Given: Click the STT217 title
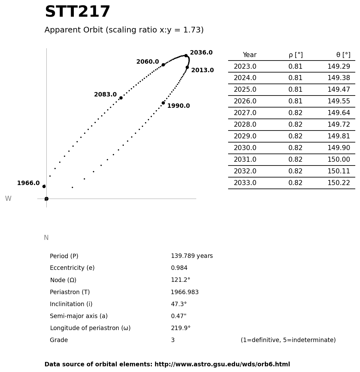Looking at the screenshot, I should [x=77, y=12].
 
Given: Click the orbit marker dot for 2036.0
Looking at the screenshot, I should [x=186, y=56].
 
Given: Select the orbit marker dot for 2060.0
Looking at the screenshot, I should [x=163, y=65].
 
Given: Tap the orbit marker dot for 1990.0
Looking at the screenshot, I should [x=163, y=103].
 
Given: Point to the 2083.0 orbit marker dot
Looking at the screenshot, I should [x=121, y=98].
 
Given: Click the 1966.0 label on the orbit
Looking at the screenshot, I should [x=28, y=183].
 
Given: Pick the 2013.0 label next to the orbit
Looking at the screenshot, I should [x=202, y=71].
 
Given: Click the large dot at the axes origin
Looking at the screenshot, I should [x=46, y=199].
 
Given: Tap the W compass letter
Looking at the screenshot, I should [x=8, y=199].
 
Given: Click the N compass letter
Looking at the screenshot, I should [x=46, y=238].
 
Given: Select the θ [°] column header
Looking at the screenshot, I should [x=343, y=55].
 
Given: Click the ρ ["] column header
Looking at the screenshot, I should [x=295, y=55].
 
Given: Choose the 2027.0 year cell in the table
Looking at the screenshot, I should [x=245, y=113].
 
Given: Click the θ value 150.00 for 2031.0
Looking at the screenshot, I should [x=339, y=160].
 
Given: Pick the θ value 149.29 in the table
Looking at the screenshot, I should [x=339, y=67].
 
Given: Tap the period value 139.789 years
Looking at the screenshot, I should [x=192, y=256].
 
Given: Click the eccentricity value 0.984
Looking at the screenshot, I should [x=179, y=268].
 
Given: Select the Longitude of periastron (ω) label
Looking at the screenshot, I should [x=90, y=328].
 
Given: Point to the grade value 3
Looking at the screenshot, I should [x=173, y=340].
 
